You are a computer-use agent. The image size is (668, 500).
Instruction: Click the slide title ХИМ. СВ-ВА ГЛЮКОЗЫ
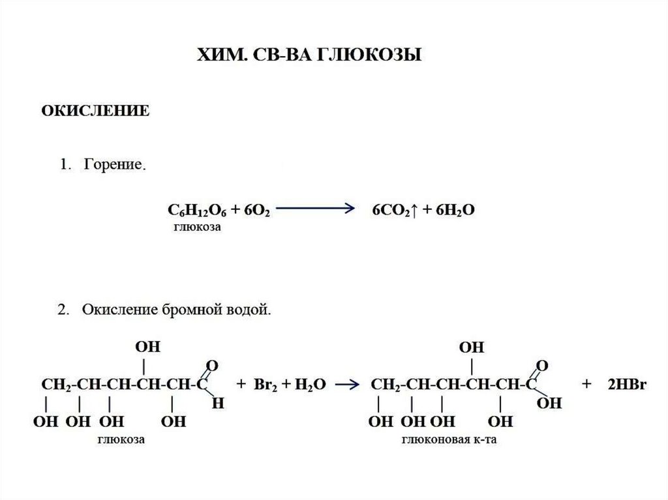[310, 55]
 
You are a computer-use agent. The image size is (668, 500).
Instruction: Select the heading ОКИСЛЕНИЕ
[96, 111]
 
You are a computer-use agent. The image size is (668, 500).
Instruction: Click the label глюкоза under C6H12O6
[197, 229]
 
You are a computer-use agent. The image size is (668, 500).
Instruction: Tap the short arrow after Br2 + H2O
[349, 385]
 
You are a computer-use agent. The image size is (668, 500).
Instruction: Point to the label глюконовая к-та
[449, 440]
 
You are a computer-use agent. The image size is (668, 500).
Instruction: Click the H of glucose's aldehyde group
[219, 404]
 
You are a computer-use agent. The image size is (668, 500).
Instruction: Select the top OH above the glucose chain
[147, 346]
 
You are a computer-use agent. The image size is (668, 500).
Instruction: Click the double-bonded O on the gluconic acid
[541, 364]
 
